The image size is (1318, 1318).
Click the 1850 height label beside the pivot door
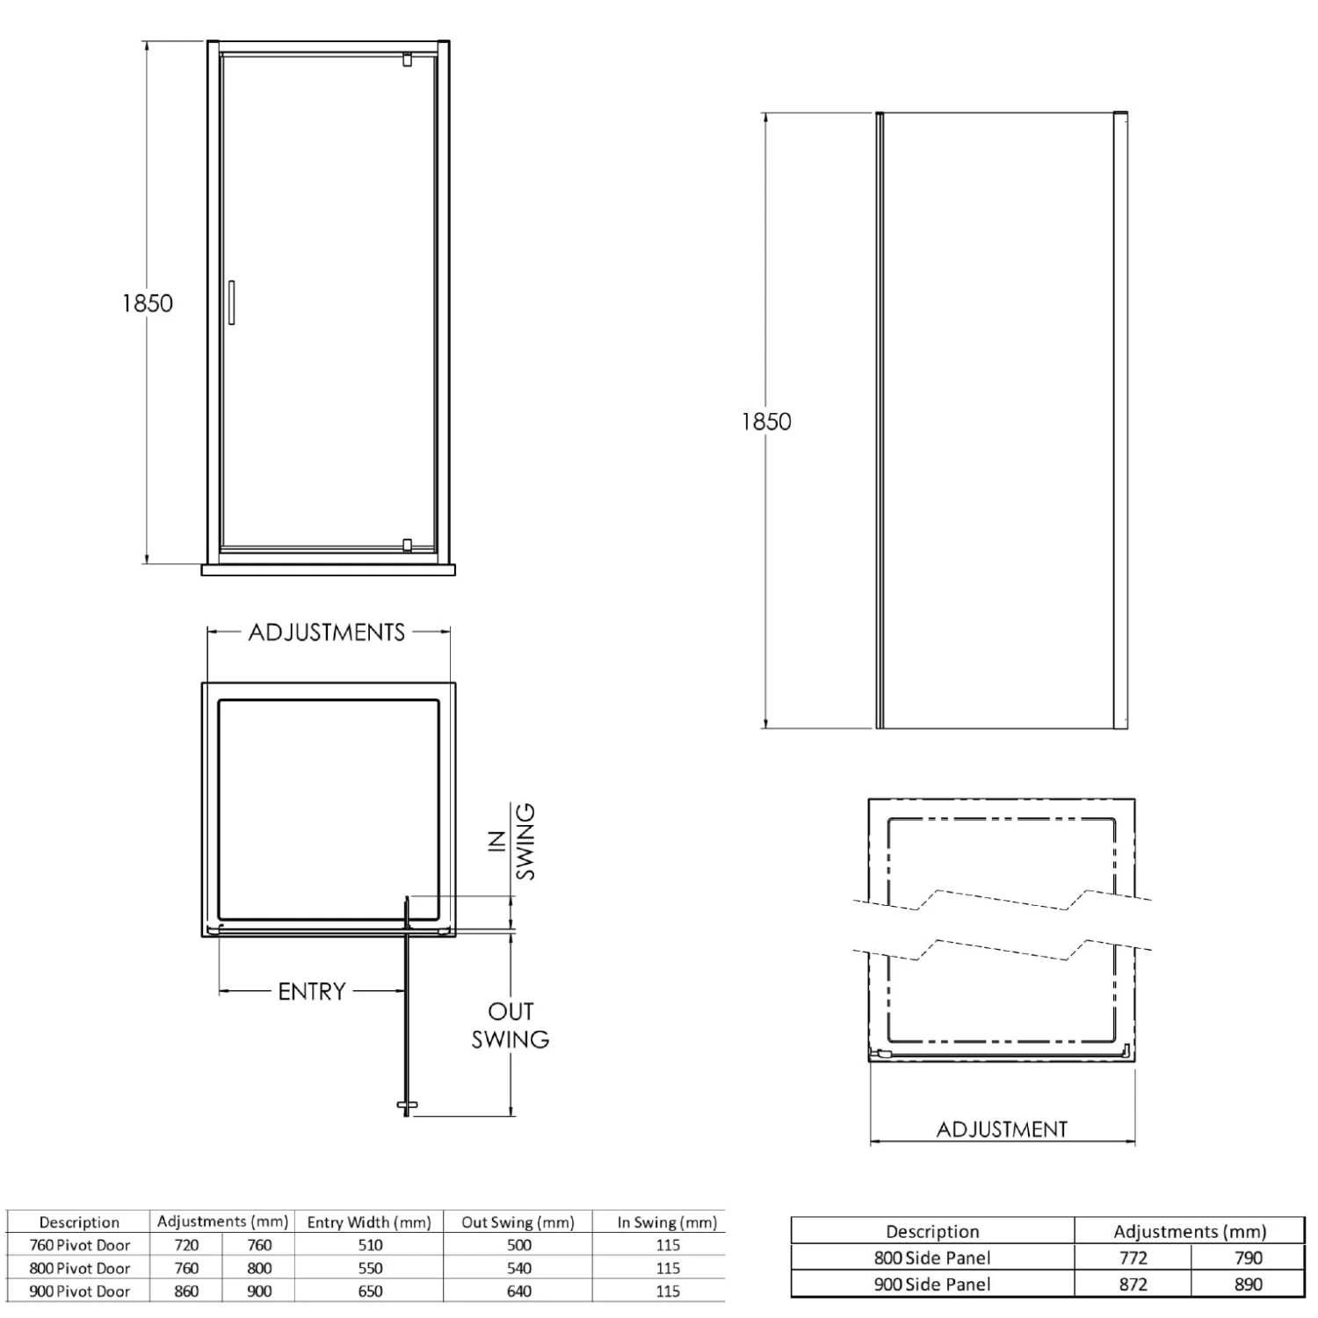pos(148,303)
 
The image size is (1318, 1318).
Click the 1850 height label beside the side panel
pos(766,422)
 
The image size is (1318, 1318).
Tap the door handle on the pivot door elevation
pos(231,303)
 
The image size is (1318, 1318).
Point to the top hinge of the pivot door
pos(406,60)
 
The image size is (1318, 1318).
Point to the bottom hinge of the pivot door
pos(406,545)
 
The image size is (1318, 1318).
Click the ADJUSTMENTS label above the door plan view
pos(327,633)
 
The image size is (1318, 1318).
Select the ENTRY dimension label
pos(312,992)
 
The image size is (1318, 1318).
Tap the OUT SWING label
pos(511,1025)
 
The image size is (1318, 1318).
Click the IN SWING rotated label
pos(512,842)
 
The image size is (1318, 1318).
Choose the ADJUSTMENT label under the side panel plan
pos(1002,1129)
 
